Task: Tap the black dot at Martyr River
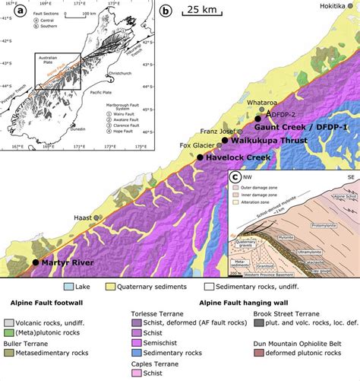pyautogui.click(x=35, y=262)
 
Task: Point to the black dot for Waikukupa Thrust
pyautogui.click(x=224, y=140)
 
